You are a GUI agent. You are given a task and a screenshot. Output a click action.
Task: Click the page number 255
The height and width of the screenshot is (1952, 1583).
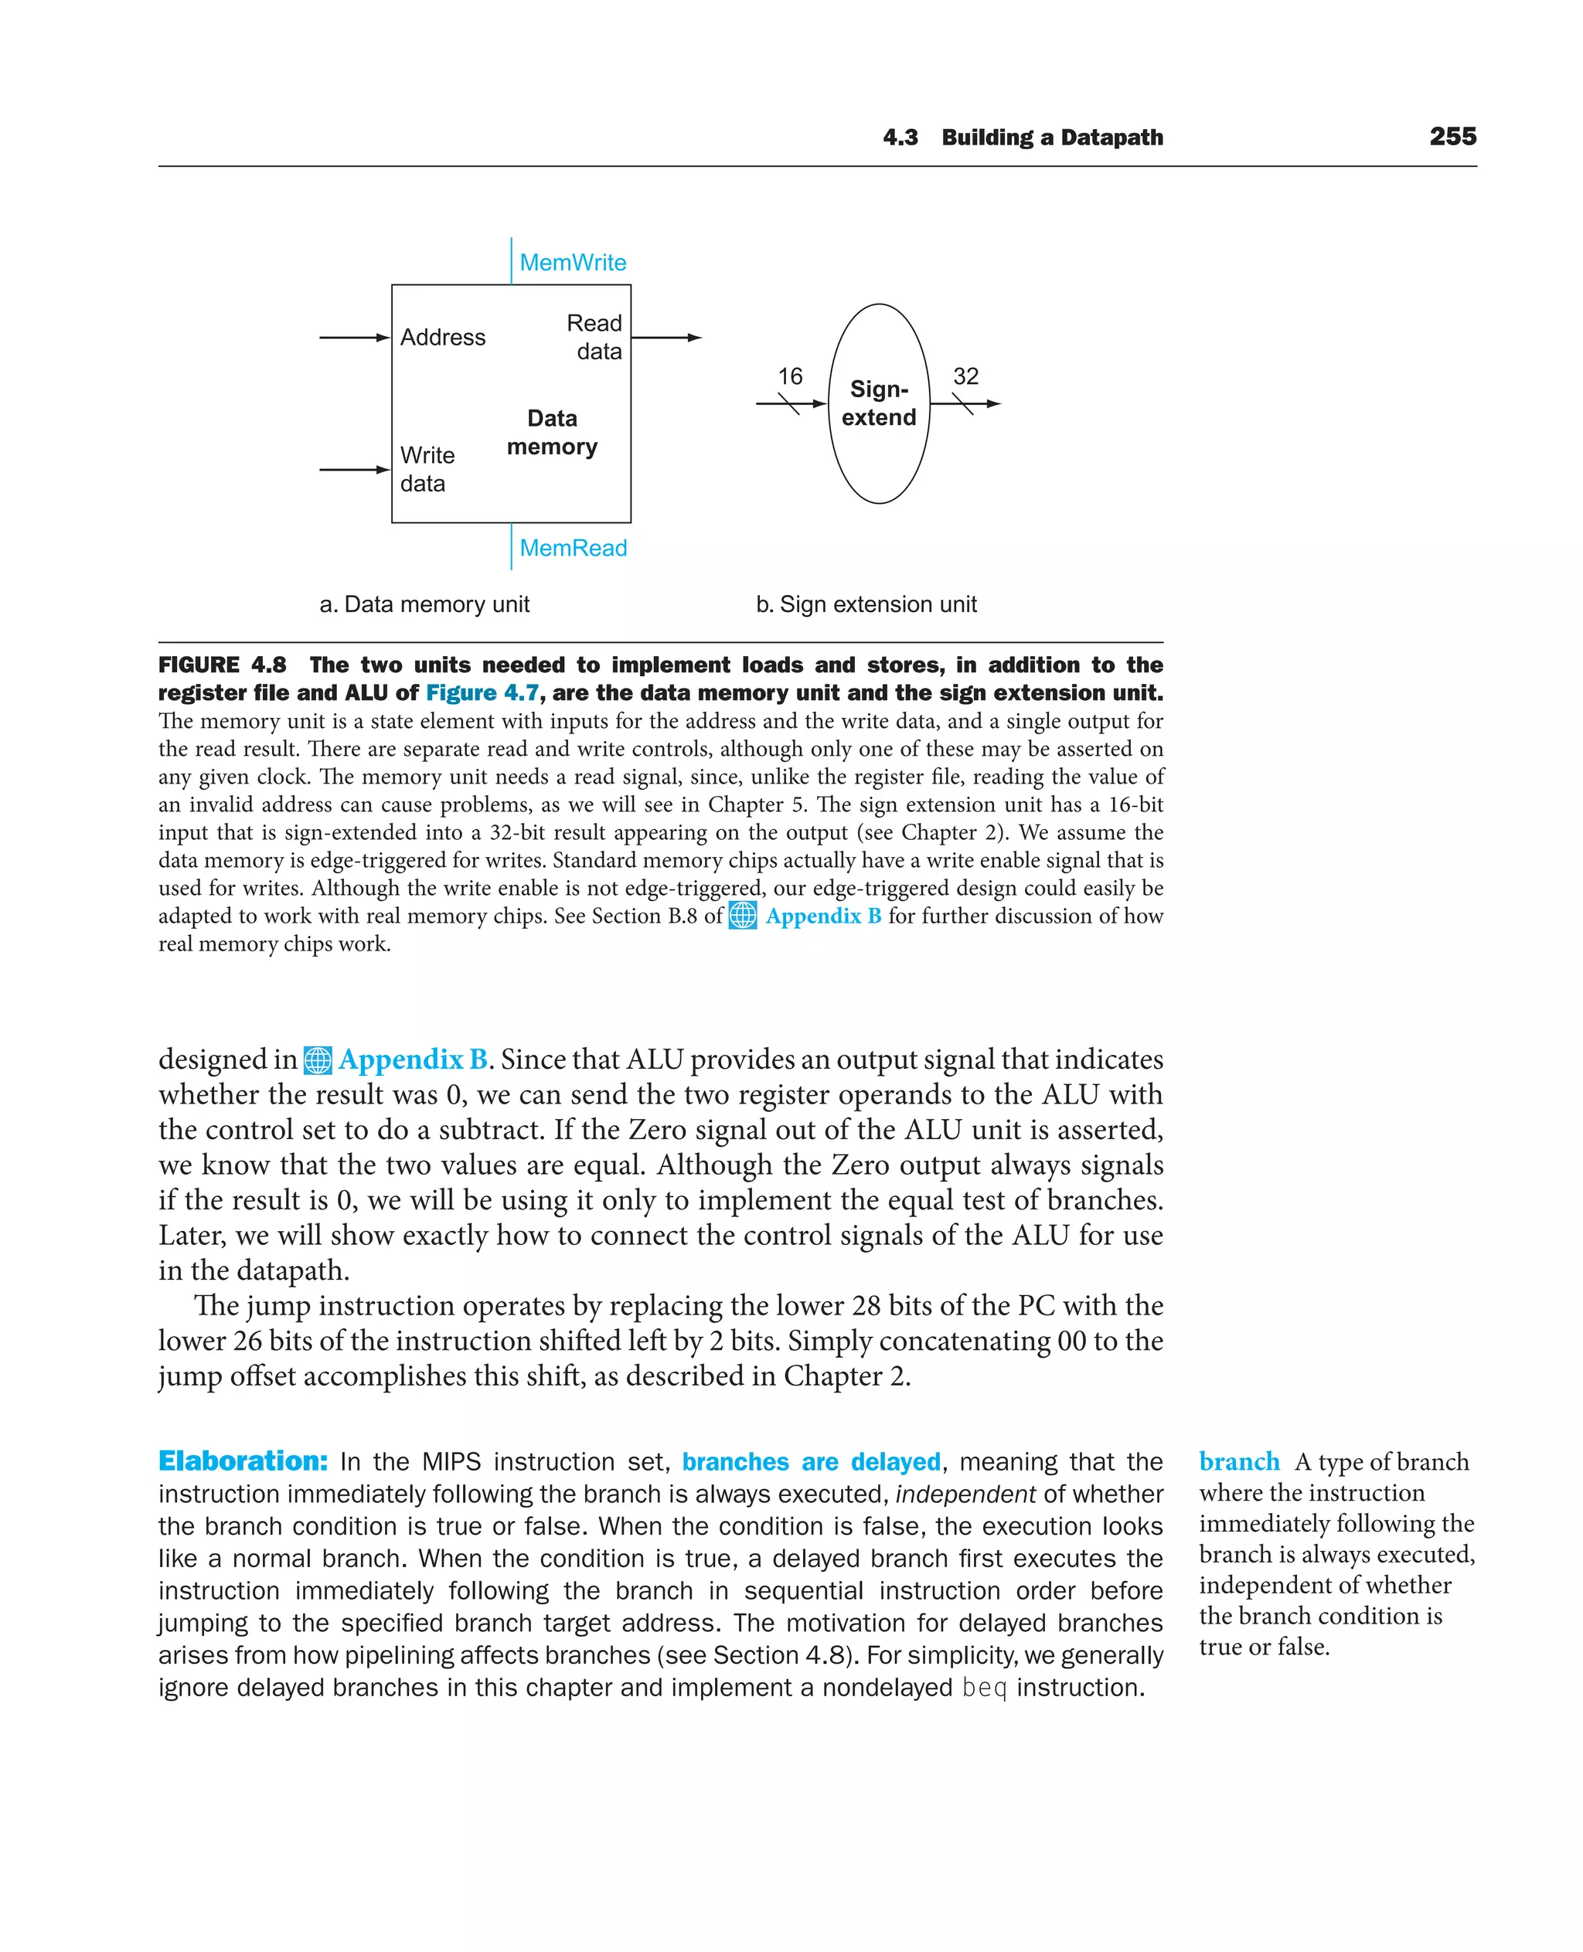click(x=1452, y=137)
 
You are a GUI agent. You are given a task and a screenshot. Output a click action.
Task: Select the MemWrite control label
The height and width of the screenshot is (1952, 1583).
click(x=573, y=263)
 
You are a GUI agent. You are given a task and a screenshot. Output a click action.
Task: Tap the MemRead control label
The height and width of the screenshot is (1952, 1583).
click(x=573, y=548)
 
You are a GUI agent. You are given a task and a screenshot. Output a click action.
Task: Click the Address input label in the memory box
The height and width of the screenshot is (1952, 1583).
click(x=442, y=338)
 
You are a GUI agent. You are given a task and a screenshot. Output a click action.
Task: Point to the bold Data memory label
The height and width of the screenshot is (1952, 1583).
click(x=552, y=432)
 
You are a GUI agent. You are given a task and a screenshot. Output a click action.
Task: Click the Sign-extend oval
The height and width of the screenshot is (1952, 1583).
click(x=878, y=403)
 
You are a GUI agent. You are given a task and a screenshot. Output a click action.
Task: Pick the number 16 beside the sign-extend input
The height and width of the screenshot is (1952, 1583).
click(x=790, y=376)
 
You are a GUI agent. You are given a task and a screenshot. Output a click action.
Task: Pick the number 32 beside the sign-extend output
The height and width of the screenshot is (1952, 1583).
click(x=965, y=376)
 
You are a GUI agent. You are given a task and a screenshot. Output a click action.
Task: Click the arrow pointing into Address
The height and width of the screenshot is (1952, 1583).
click(x=355, y=338)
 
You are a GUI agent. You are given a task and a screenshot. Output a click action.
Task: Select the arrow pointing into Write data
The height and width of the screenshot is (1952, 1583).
click(x=355, y=470)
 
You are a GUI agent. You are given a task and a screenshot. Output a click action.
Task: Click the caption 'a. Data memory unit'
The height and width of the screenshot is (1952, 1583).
click(x=424, y=604)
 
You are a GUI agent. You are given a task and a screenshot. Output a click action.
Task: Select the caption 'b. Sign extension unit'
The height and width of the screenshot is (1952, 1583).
click(x=866, y=604)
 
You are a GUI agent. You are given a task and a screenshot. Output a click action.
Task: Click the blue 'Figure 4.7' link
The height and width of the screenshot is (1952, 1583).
click(x=482, y=693)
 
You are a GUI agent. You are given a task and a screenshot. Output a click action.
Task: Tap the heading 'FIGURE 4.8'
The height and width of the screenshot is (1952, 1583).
click(x=222, y=665)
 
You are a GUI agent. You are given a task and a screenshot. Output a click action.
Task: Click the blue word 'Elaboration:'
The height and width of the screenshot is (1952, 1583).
click(x=243, y=1461)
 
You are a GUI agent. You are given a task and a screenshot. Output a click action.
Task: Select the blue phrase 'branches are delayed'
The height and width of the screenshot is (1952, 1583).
click(x=811, y=1461)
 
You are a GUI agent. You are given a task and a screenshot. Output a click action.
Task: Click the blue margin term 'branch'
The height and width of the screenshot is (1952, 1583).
click(x=1238, y=1461)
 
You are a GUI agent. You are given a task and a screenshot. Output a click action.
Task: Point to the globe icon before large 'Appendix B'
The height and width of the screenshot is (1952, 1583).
click(x=318, y=1059)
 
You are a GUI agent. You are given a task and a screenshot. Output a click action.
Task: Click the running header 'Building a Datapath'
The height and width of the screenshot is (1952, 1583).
click(x=1051, y=138)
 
